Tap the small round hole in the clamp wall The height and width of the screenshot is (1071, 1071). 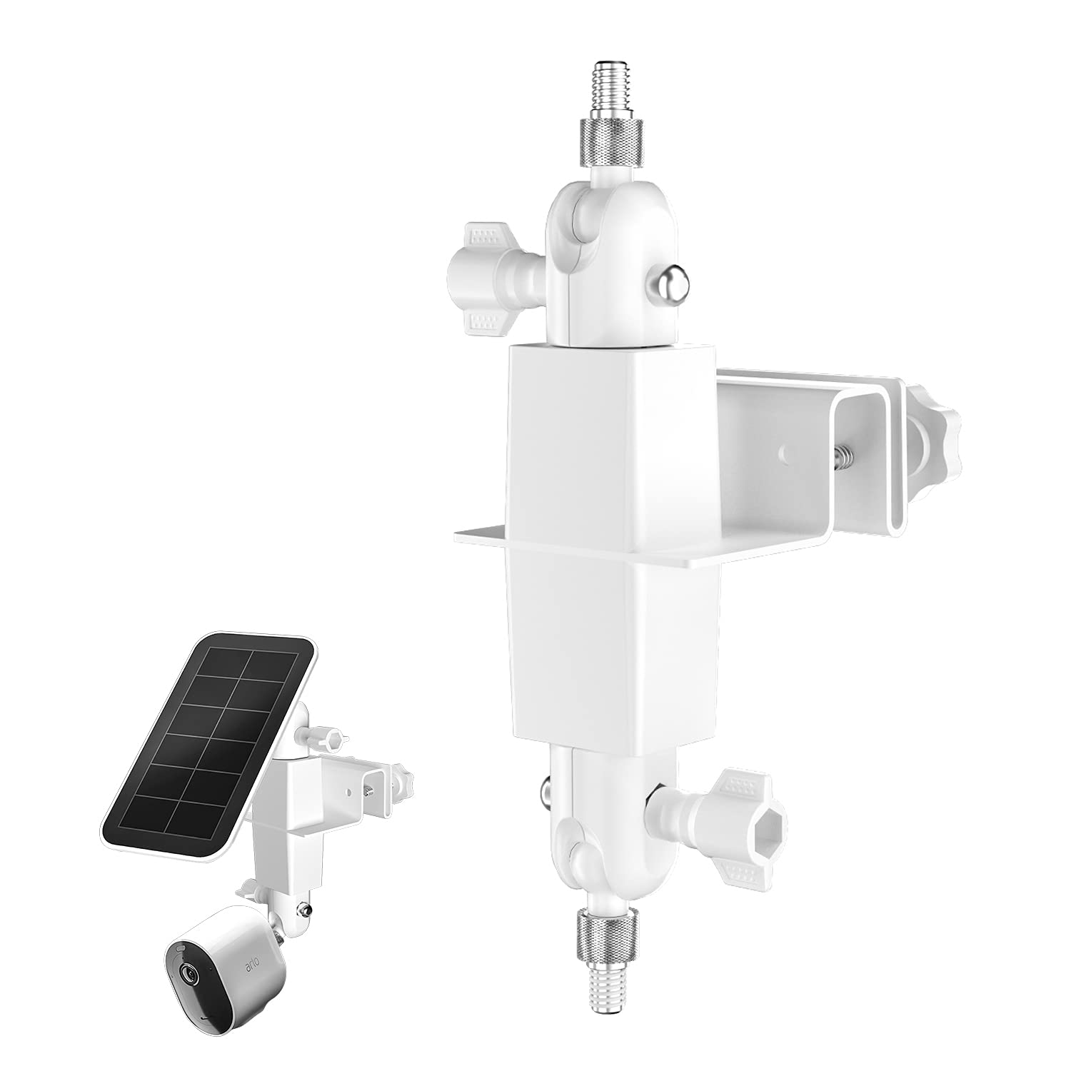pos(784,453)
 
